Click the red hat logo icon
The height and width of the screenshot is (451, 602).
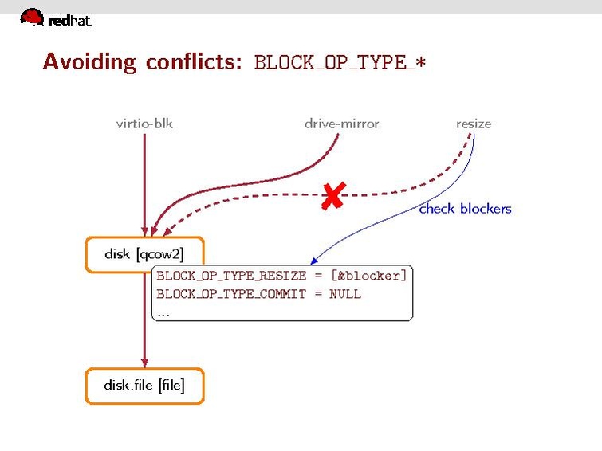[32, 17]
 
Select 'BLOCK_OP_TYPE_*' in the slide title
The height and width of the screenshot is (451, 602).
[340, 63]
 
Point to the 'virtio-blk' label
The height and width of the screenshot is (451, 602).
[144, 124]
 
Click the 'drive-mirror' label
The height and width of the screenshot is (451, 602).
[341, 124]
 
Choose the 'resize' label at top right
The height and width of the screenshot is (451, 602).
[474, 124]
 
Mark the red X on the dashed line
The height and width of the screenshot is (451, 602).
[332, 195]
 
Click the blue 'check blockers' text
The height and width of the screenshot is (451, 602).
[465, 209]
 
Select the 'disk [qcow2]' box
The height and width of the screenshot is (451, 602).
[144, 254]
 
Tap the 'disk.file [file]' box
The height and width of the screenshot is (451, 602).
[144, 386]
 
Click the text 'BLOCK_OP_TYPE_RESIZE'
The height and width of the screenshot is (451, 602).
[231, 276]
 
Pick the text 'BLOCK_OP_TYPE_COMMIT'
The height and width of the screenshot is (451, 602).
[231, 294]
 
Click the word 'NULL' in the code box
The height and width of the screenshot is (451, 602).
[344, 294]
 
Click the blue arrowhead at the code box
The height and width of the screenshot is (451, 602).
[315, 261]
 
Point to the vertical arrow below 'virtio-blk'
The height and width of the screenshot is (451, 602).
[144, 183]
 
